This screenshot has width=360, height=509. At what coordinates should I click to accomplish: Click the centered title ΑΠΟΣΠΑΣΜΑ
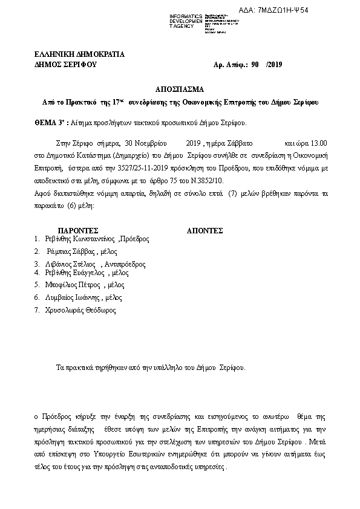(x=180, y=88)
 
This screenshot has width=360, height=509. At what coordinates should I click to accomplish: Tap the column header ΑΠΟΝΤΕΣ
(x=205, y=230)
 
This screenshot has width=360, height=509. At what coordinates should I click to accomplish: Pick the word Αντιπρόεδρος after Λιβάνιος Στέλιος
(x=125, y=264)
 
